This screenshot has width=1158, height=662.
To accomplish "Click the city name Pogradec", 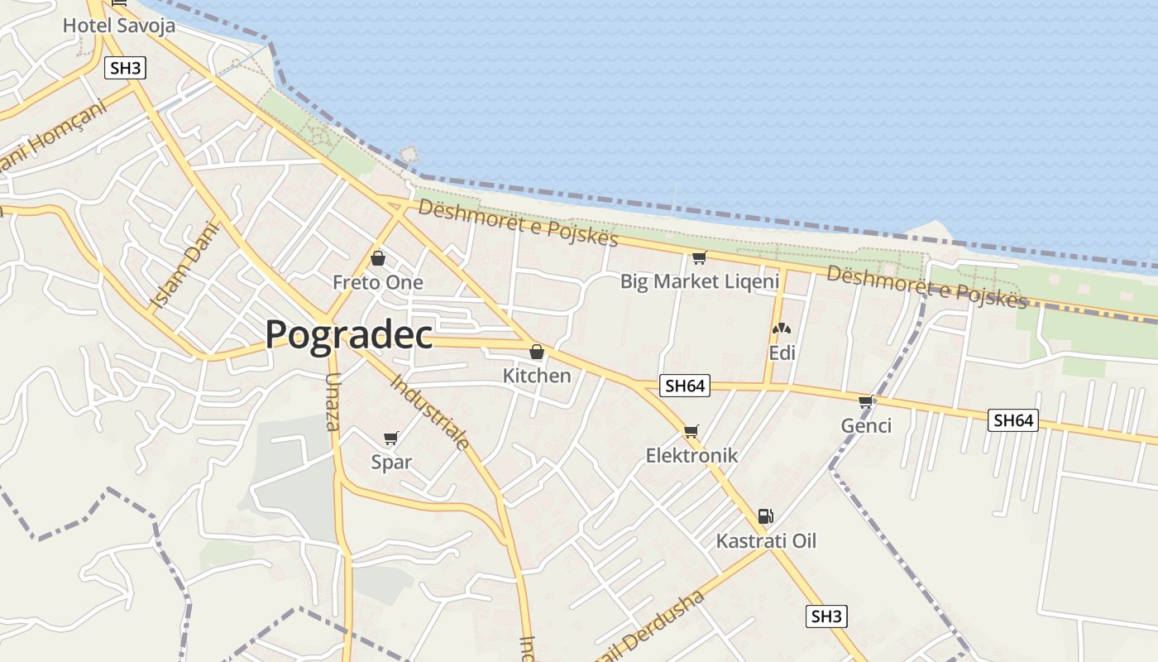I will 348,335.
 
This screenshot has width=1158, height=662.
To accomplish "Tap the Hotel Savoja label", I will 119,26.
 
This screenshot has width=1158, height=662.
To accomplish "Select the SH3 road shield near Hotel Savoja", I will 125,68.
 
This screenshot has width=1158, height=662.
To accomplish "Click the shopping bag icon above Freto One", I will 378,259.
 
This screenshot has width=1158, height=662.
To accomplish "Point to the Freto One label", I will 378,283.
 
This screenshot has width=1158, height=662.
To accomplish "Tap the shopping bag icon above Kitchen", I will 537,353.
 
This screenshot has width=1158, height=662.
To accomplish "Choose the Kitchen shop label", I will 537,376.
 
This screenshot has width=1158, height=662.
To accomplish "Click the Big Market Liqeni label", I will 700,282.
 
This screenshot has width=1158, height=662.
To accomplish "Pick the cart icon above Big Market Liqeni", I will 699,258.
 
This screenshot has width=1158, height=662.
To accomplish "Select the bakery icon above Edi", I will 782,329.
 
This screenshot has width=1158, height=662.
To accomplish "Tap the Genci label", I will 866,426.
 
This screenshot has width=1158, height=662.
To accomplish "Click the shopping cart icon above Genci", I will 866,402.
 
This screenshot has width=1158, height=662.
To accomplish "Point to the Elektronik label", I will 691,456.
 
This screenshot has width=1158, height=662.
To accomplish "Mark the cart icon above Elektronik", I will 691,431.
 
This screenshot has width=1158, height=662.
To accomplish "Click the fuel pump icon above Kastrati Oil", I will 766,517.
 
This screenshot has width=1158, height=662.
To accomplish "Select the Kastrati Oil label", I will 766,541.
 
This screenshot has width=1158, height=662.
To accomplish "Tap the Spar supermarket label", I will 391,463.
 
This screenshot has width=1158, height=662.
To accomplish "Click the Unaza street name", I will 333,402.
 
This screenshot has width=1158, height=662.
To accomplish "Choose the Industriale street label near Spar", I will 430,411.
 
